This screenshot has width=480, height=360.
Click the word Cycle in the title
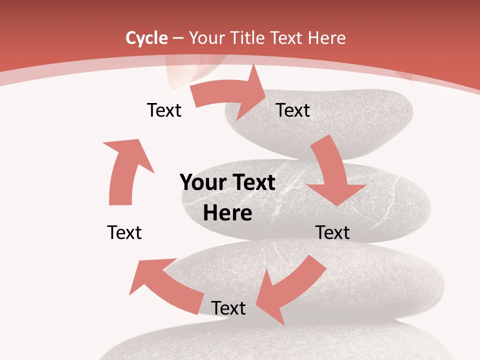click(146, 38)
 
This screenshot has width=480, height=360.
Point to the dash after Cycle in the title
click(177, 38)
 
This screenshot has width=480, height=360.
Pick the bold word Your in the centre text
click(203, 183)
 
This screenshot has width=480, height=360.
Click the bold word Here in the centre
click(227, 213)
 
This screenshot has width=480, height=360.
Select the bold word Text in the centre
click(252, 183)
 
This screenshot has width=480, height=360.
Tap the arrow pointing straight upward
click(125, 170)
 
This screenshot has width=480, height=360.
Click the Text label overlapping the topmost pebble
click(293, 110)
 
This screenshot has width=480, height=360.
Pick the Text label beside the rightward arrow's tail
click(164, 110)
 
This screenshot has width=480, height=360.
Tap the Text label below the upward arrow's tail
click(124, 232)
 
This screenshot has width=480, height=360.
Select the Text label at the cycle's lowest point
click(228, 308)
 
